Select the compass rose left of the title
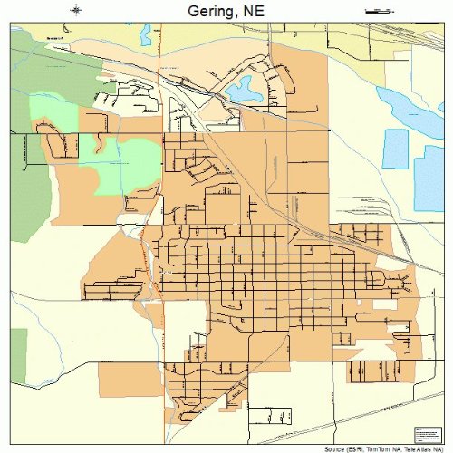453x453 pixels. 77,11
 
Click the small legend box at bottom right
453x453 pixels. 425,433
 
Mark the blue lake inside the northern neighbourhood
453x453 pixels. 244,89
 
